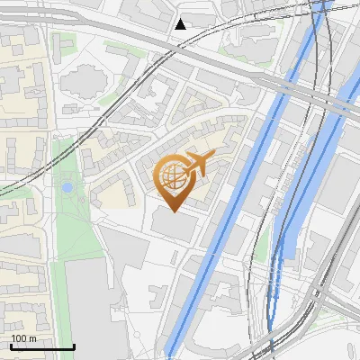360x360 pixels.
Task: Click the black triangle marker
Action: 181,24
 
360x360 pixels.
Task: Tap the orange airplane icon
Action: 199,165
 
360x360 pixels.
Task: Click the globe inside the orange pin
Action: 172,177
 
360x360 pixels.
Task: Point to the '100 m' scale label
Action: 23,338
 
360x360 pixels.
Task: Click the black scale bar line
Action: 42,346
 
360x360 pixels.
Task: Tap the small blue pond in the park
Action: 67,188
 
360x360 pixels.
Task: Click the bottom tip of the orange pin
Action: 173,211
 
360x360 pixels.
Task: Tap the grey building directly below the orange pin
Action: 176,225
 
